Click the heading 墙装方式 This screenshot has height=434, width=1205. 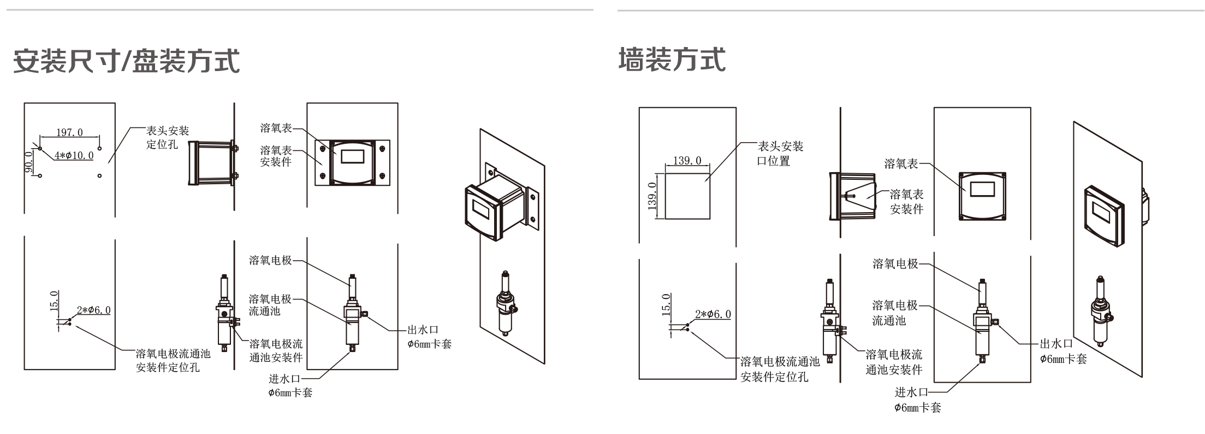point(672,60)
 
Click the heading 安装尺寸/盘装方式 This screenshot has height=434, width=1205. point(126,61)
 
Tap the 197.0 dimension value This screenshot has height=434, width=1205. point(69,133)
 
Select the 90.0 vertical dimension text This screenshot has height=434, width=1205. point(29,162)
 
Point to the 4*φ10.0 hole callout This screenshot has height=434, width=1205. point(74,156)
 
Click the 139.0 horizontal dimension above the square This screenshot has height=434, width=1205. point(687,161)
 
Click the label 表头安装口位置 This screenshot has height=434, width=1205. point(780,154)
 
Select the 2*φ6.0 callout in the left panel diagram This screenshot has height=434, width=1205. point(93,310)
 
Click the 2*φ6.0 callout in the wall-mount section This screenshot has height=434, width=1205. point(713,314)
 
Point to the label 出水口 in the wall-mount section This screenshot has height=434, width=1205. point(1056,344)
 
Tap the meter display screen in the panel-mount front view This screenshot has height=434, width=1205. point(352,156)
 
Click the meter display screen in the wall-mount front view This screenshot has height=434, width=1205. point(982,189)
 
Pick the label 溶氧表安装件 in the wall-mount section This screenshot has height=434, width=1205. point(906,201)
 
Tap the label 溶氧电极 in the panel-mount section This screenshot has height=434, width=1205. point(270,261)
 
